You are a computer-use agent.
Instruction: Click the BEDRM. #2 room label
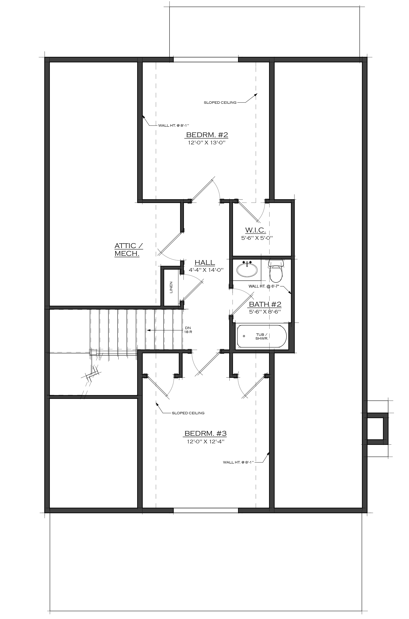pos(207,135)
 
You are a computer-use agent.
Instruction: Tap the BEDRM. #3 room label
pos(206,433)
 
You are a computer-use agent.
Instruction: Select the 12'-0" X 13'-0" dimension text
pos(206,143)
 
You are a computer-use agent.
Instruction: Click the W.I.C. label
pos(255,230)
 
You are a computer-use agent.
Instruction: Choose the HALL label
pos(205,262)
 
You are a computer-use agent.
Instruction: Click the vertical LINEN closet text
pos(171,287)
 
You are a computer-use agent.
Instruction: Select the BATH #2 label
pos(265,304)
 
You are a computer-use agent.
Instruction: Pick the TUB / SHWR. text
pos(262,336)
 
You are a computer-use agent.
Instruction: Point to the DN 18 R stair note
pos(188,330)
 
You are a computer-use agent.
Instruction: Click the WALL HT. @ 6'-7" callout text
pos(264,286)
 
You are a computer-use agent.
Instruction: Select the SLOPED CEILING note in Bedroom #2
pos(220,102)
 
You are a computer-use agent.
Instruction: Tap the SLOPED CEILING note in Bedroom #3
pos(188,413)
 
